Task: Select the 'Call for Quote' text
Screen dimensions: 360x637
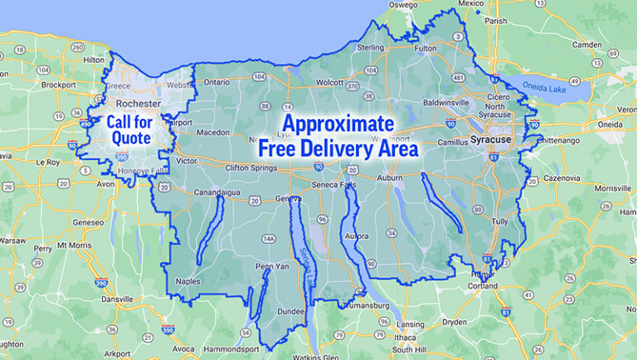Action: tap(129, 130)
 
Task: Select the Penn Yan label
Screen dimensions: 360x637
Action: tap(270, 266)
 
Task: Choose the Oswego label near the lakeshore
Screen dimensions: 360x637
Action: tap(403, 4)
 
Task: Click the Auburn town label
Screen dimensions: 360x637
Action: tap(390, 178)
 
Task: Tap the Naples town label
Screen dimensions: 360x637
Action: tap(188, 281)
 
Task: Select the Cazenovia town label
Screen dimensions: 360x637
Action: tap(563, 178)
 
